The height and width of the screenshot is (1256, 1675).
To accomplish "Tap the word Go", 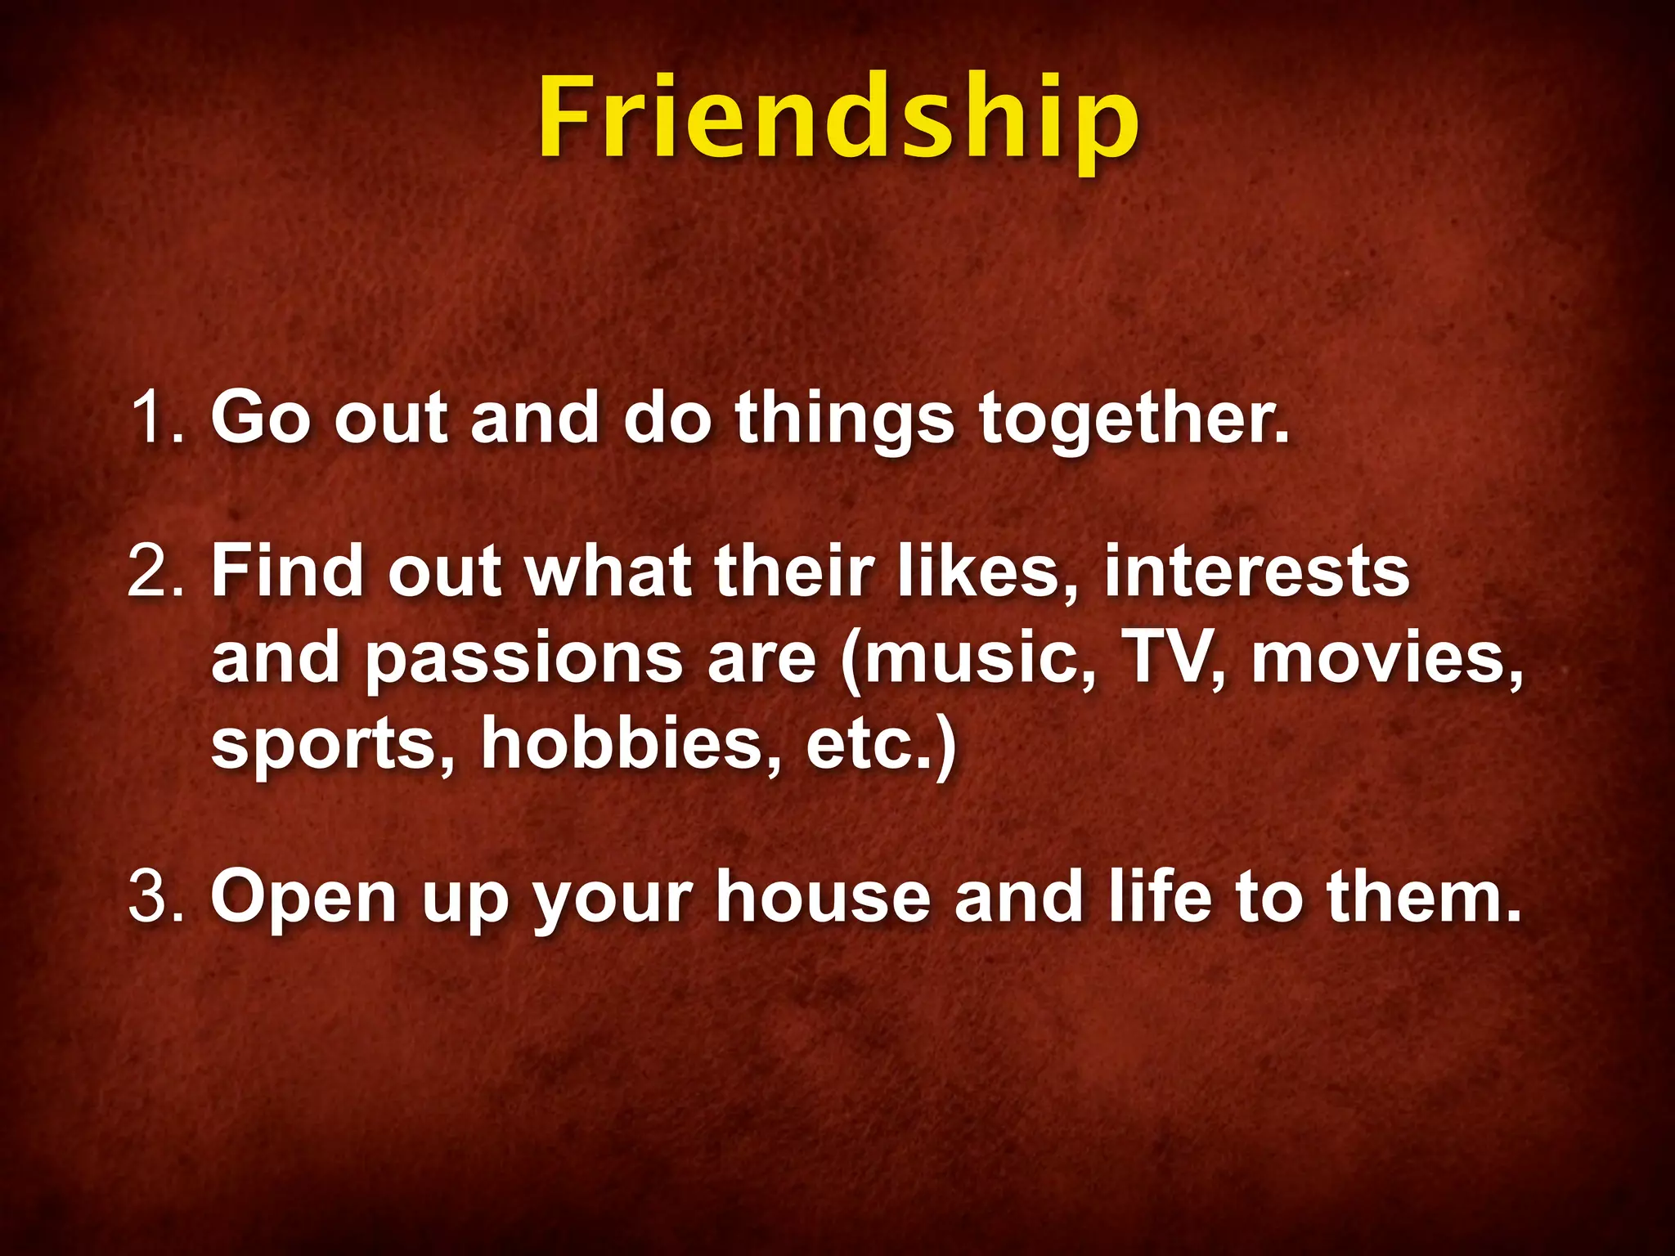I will (x=262, y=417).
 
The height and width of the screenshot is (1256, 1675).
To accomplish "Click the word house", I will (x=823, y=896).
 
